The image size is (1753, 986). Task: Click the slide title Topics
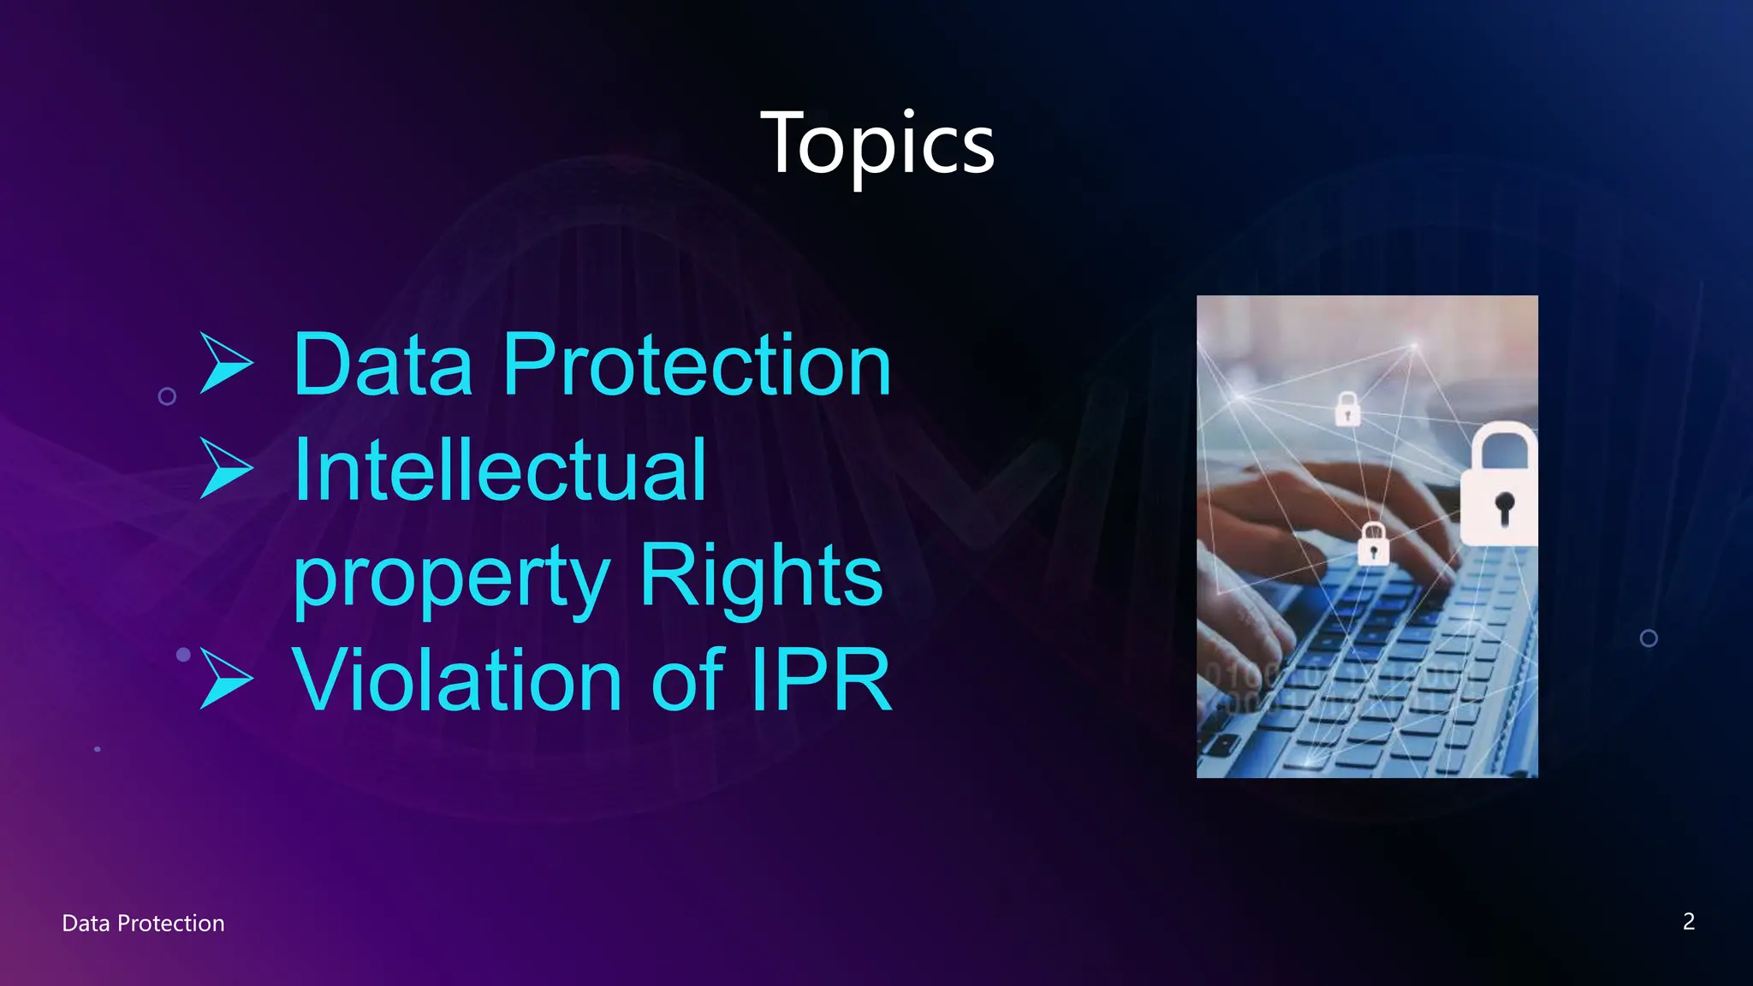click(x=877, y=144)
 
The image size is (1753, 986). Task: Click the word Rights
click(x=760, y=575)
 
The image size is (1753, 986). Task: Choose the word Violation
click(x=457, y=680)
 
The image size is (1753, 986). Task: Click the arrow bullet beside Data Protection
click(x=225, y=363)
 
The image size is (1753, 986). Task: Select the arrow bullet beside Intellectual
click(x=225, y=468)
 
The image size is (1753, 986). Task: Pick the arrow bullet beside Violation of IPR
click(x=225, y=679)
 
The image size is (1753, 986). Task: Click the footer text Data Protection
click(x=143, y=923)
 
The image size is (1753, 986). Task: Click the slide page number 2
click(x=1688, y=921)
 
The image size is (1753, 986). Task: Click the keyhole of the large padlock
click(x=1504, y=507)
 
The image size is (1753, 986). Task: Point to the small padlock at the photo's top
click(x=1347, y=408)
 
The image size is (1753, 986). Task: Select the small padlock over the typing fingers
click(x=1373, y=543)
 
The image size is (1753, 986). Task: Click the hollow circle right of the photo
click(x=1649, y=639)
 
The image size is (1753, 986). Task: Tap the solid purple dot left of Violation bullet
click(x=183, y=655)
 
